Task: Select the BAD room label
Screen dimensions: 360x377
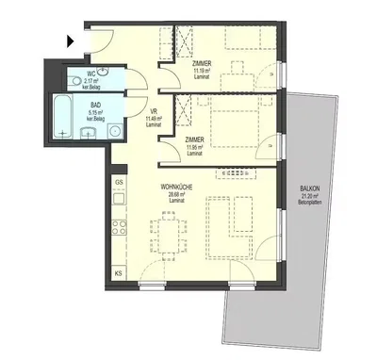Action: click(94, 106)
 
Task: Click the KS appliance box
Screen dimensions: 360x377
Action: click(119, 272)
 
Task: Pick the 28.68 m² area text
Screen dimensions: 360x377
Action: click(175, 195)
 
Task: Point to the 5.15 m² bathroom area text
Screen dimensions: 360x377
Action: click(94, 112)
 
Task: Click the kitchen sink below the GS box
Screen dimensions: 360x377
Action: click(119, 199)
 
